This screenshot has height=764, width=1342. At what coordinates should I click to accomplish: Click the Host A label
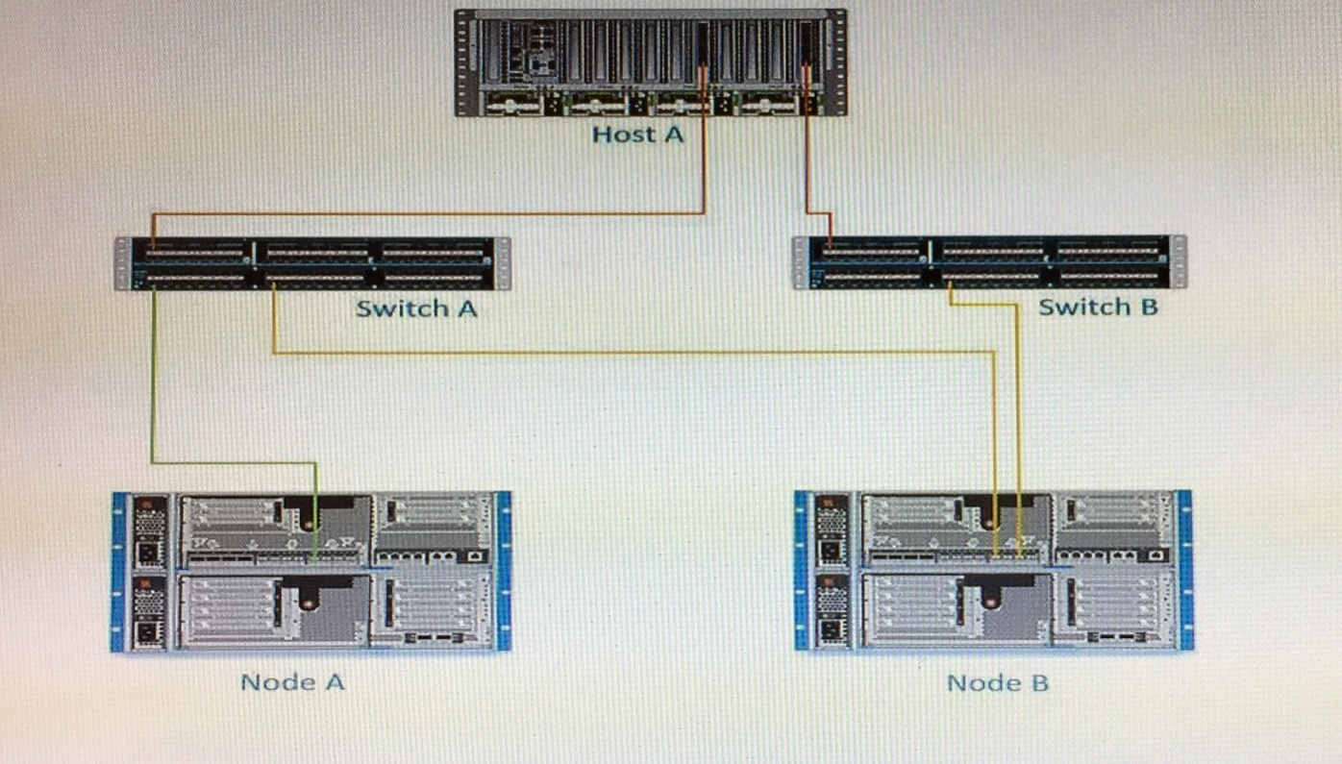pyautogui.click(x=637, y=134)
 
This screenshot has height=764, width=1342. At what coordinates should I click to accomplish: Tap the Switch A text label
pyautogui.click(x=415, y=308)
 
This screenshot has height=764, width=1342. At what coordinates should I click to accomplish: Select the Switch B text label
pyautogui.click(x=1098, y=308)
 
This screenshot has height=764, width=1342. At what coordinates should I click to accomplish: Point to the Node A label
pyautogui.click(x=292, y=682)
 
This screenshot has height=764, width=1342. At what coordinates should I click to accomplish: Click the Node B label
pyautogui.click(x=997, y=683)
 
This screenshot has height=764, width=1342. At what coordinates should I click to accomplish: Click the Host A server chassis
pyautogui.click(x=596, y=62)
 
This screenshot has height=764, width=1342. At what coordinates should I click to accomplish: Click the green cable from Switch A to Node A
pyautogui.click(x=153, y=384)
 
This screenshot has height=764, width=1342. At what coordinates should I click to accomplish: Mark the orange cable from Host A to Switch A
pyautogui.click(x=433, y=213)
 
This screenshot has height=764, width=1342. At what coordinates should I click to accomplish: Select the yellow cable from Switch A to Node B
pyautogui.click(x=625, y=354)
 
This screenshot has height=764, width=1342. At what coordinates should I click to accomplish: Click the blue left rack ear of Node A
pyautogui.click(x=118, y=572)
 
